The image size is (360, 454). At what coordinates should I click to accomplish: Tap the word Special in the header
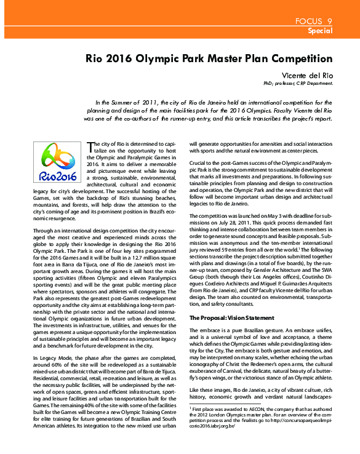[320, 30]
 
